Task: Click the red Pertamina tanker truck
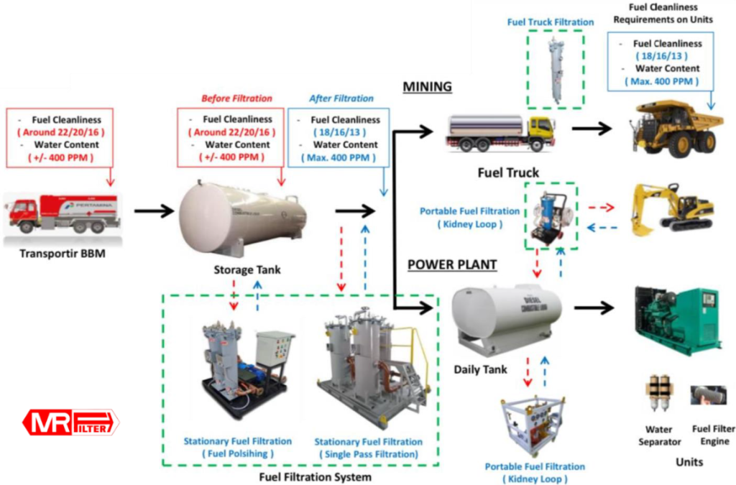[x=63, y=213]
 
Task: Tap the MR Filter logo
[x=70, y=422]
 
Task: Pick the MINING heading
[x=427, y=87]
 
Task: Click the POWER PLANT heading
[x=452, y=264]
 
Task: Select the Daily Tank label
[x=481, y=369]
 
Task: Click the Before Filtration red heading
[x=236, y=98]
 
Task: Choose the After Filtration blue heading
[x=341, y=98]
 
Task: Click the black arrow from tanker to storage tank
[x=154, y=211]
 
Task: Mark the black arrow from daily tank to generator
[x=596, y=308]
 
